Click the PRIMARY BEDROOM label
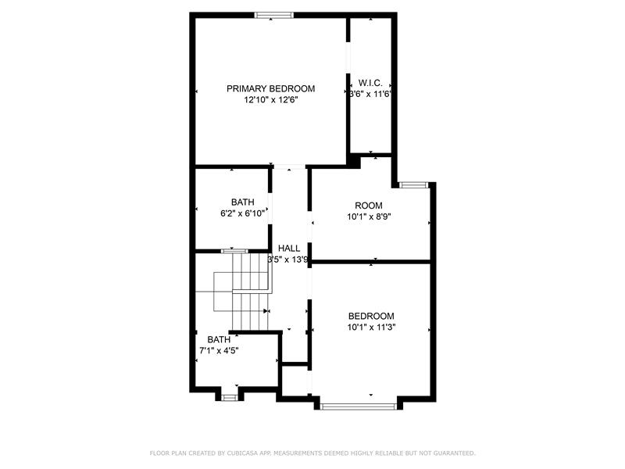270,88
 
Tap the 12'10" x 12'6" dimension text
271,100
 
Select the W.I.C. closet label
370,83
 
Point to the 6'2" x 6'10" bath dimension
243,213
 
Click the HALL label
289,248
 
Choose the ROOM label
369,206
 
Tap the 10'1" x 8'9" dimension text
369,217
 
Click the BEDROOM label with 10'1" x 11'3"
371,317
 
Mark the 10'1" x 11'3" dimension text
371,328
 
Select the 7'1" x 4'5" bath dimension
219,350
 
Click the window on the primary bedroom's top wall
274,15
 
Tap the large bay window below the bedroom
358,406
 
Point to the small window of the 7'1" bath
229,398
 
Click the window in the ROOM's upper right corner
414,184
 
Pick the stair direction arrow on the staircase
266,310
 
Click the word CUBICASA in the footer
242,453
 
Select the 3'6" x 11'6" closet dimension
370,94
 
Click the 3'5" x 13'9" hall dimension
287,260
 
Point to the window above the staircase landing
234,251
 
